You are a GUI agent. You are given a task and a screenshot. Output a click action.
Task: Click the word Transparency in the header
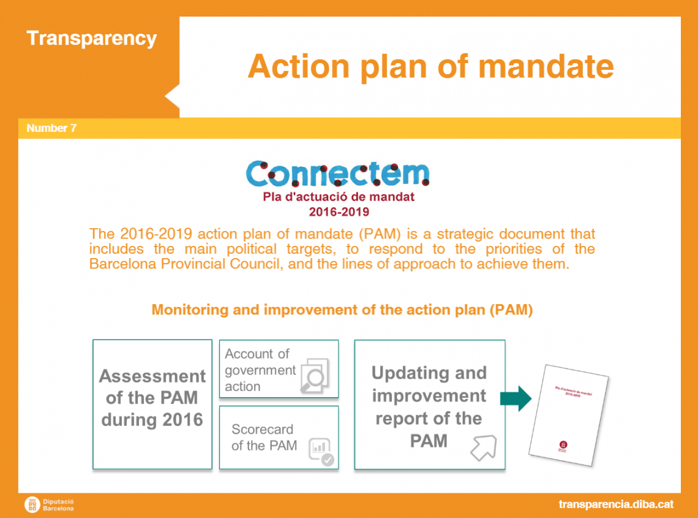click(x=92, y=39)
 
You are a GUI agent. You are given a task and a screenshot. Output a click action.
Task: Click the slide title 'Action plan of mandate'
click(x=430, y=66)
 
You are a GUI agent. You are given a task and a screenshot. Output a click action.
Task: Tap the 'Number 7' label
click(x=51, y=128)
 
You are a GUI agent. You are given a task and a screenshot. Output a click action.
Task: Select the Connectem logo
click(x=337, y=174)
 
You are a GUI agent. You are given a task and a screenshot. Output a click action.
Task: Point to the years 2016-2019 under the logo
click(x=339, y=212)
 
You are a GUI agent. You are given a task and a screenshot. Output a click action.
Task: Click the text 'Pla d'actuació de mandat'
click(x=339, y=197)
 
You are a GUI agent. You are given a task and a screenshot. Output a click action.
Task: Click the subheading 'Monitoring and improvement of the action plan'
click(x=342, y=310)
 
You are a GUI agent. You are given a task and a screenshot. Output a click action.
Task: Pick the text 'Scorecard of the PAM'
click(x=263, y=437)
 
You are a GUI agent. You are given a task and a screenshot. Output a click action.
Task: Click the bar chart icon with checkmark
click(x=322, y=451)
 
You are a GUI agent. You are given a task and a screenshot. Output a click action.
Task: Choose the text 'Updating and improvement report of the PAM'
click(x=429, y=406)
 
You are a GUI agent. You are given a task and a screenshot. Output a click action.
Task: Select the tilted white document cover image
click(x=568, y=414)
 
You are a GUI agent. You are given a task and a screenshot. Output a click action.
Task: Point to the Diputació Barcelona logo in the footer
click(x=50, y=505)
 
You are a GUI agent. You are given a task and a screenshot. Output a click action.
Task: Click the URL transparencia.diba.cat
click(x=615, y=504)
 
